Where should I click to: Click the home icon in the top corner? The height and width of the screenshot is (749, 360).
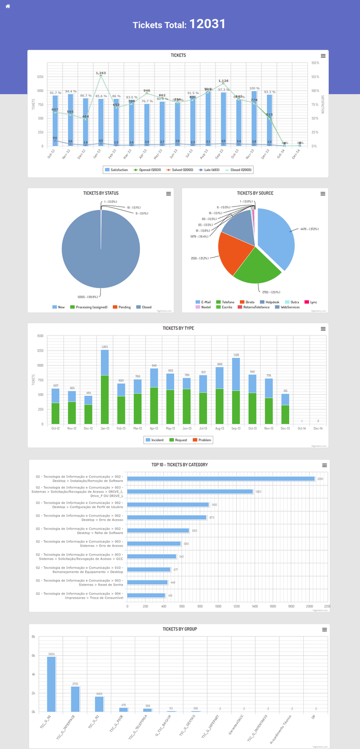pos(8,6)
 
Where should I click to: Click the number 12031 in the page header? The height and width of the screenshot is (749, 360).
pos(207,24)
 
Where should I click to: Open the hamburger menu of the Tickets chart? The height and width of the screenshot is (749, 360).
pos(323,56)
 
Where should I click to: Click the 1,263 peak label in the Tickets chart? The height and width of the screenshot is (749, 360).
pos(101,73)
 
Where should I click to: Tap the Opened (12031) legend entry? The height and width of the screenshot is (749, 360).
pos(148,170)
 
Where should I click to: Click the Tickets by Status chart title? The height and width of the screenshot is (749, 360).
pos(101,193)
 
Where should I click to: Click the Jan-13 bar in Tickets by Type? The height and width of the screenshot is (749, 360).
pos(105,388)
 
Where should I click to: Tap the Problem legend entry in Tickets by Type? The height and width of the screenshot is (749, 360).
pos(203,440)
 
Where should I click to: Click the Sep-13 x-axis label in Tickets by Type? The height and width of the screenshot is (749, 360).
pos(236,429)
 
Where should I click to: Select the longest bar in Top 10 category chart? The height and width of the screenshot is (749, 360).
pos(221,479)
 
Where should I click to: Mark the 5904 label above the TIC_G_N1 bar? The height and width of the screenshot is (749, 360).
pos(52,654)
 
